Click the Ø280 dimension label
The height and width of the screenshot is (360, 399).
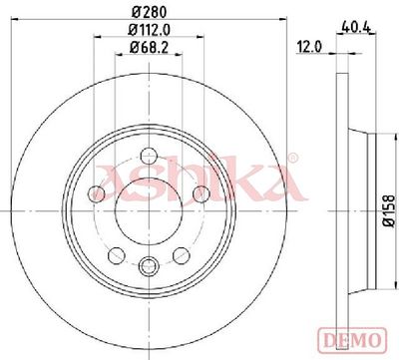pos(149,12)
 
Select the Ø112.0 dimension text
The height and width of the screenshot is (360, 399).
pos(150,30)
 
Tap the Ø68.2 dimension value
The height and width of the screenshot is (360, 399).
pos(149,48)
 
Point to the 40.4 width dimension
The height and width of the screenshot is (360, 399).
pos(355,27)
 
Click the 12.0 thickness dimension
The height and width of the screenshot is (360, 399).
pos(309,47)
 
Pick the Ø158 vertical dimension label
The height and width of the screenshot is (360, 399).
pos(389,211)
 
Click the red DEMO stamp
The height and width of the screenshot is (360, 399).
pos(353,339)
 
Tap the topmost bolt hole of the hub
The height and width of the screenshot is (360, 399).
pos(149,156)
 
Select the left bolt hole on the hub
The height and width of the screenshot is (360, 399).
pos(97,193)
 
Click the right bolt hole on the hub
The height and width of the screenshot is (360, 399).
pos(201,193)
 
